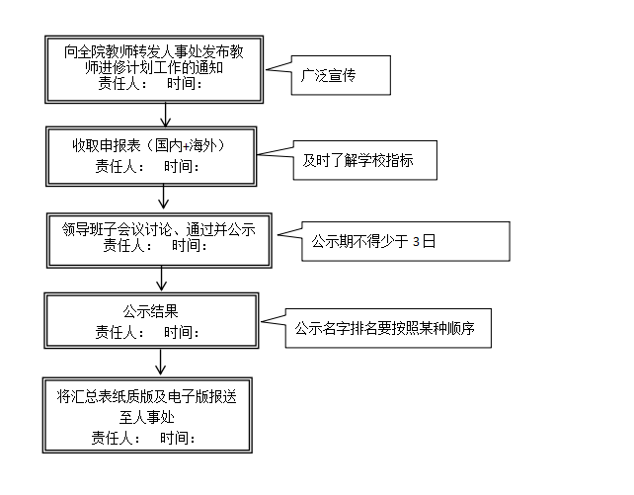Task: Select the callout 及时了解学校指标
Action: pyautogui.click(x=364, y=160)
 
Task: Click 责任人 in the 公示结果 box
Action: pyautogui.click(x=116, y=332)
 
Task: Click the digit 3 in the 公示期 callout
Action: pyautogui.click(x=416, y=241)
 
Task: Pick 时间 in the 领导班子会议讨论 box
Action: pyautogui.click(x=190, y=247)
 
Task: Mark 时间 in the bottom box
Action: pyautogui.click(x=178, y=437)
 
